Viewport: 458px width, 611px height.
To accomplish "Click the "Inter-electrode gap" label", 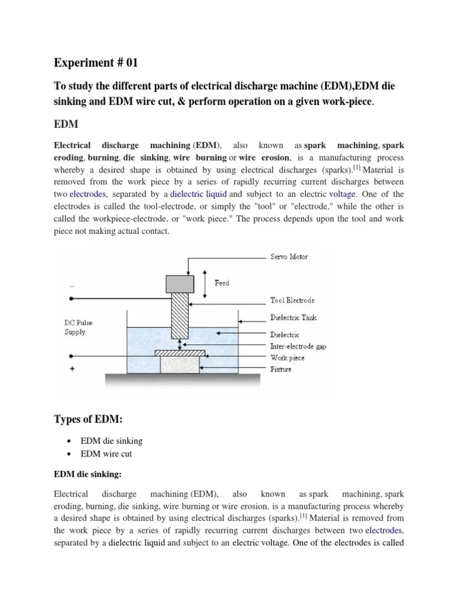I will pos(298,346).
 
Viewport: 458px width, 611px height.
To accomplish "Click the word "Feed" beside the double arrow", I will pos(222,283).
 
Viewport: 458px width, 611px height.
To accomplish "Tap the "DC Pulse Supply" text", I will pos(78,327).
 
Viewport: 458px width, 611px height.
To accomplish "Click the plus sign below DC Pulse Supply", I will pos(73,369).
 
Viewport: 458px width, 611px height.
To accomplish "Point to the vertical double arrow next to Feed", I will pos(206,283).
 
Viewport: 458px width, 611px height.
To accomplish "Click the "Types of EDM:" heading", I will pos(88,419).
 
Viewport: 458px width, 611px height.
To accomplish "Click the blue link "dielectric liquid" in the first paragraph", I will pos(198,194).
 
